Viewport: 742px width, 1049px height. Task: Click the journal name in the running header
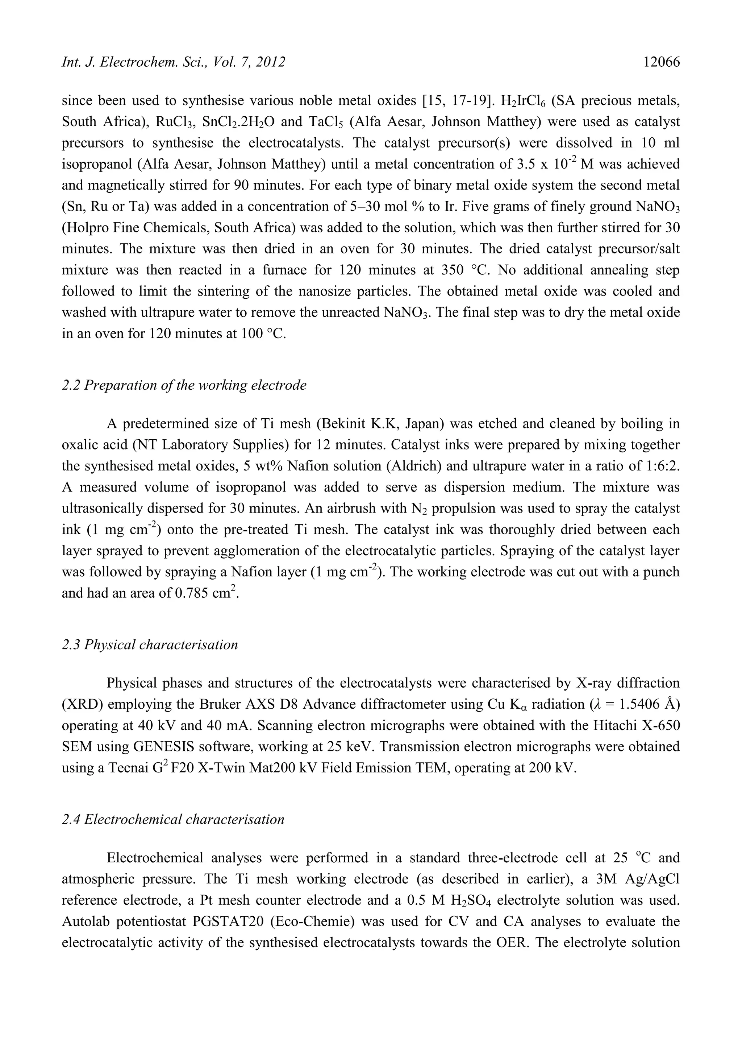(173, 62)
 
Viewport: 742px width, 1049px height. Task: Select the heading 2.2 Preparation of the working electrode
(184, 385)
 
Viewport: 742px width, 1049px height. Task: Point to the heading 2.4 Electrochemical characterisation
(173, 819)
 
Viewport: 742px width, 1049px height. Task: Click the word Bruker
(220, 704)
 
